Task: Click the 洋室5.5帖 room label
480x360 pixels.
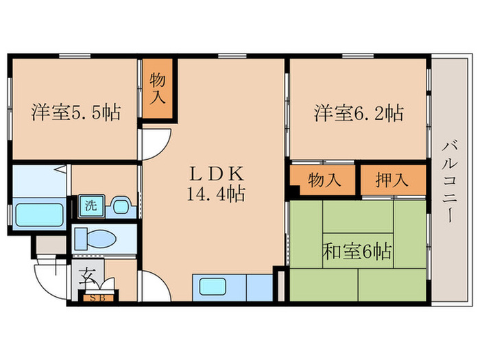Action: [x=75, y=112]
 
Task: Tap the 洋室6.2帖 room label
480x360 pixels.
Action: [x=359, y=112]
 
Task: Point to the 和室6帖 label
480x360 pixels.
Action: [x=357, y=252]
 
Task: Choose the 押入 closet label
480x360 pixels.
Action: [x=392, y=181]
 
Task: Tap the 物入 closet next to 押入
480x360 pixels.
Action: [x=324, y=181]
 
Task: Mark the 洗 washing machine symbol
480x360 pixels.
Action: [x=90, y=204]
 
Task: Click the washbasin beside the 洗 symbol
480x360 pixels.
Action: [x=121, y=205]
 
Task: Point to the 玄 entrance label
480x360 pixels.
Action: [x=88, y=278]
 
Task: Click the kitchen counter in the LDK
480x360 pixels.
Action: [x=233, y=287]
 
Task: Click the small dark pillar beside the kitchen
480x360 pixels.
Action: [x=280, y=284]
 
